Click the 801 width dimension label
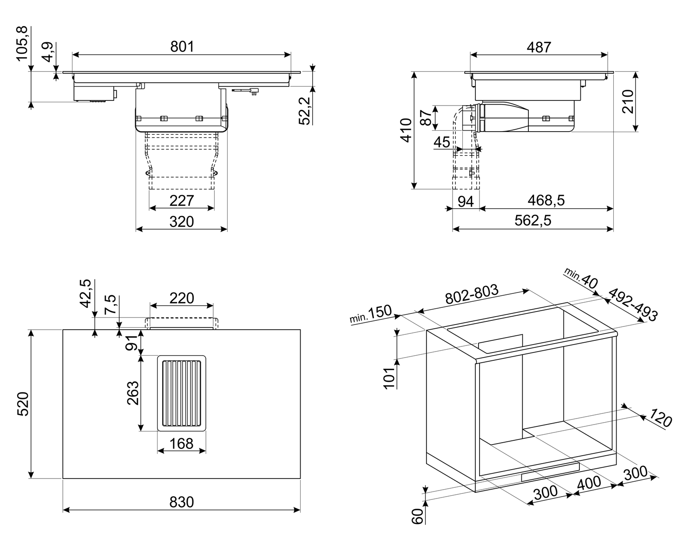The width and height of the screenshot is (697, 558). pyautogui.click(x=182, y=46)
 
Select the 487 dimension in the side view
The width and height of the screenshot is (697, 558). pyautogui.click(x=539, y=47)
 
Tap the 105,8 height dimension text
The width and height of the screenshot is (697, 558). pyautogui.click(x=23, y=44)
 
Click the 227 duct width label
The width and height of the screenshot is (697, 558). pyautogui.click(x=181, y=200)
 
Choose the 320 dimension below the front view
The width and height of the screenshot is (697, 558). pyautogui.click(x=181, y=221)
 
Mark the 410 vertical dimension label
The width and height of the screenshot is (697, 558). pyautogui.click(x=405, y=130)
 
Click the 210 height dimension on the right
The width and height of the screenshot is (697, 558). pyautogui.click(x=628, y=101)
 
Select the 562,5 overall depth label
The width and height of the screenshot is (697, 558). pyautogui.click(x=533, y=220)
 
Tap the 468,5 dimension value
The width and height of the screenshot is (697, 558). pyautogui.click(x=546, y=200)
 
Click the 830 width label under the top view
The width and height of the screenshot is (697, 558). pyautogui.click(x=181, y=502)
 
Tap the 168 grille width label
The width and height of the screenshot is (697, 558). pyautogui.click(x=181, y=444)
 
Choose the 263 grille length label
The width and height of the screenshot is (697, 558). pyautogui.click(x=133, y=393)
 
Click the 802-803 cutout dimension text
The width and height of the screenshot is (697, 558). pyautogui.click(x=472, y=295)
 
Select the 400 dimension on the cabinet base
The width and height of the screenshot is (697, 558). pyautogui.click(x=589, y=483)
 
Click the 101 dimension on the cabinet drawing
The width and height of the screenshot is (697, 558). pyautogui.click(x=390, y=377)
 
